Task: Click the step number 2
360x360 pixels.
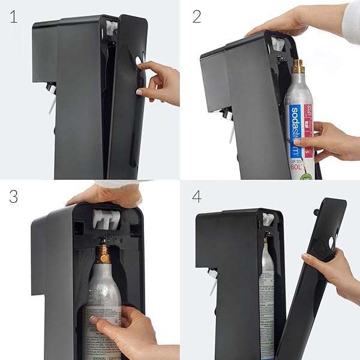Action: pos(196,16)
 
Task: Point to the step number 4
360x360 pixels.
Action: pos(196,196)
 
